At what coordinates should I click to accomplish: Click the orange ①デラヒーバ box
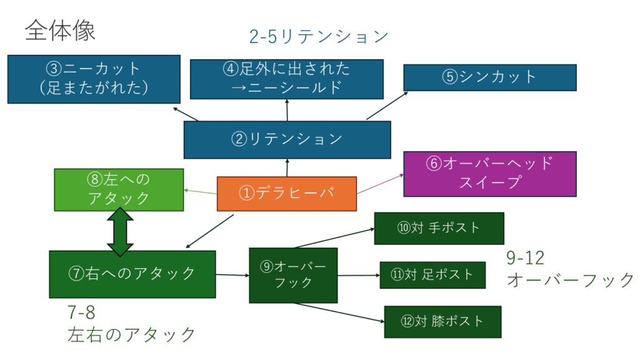[286, 194]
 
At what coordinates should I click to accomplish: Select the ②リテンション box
[287, 139]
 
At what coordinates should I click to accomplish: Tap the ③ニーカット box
[94, 79]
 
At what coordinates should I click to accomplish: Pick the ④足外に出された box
[286, 79]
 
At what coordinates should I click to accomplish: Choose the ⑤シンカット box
[490, 77]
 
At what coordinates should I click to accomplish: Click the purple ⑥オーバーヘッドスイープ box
[490, 174]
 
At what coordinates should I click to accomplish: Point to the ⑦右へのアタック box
[132, 274]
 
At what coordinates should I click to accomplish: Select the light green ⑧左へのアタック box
[119, 190]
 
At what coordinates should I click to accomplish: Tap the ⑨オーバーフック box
[293, 275]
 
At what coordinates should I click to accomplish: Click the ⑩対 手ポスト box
[439, 228]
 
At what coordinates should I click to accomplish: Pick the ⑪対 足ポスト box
[432, 275]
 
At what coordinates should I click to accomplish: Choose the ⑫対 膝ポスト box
[442, 322]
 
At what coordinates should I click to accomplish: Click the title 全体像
[60, 31]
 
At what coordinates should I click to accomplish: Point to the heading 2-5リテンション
[318, 37]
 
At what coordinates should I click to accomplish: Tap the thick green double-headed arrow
[120, 232]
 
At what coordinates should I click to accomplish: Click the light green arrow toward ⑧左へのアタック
[201, 192]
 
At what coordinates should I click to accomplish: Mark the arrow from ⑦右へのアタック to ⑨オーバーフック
[232, 275]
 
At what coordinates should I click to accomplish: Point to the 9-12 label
[525, 258]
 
